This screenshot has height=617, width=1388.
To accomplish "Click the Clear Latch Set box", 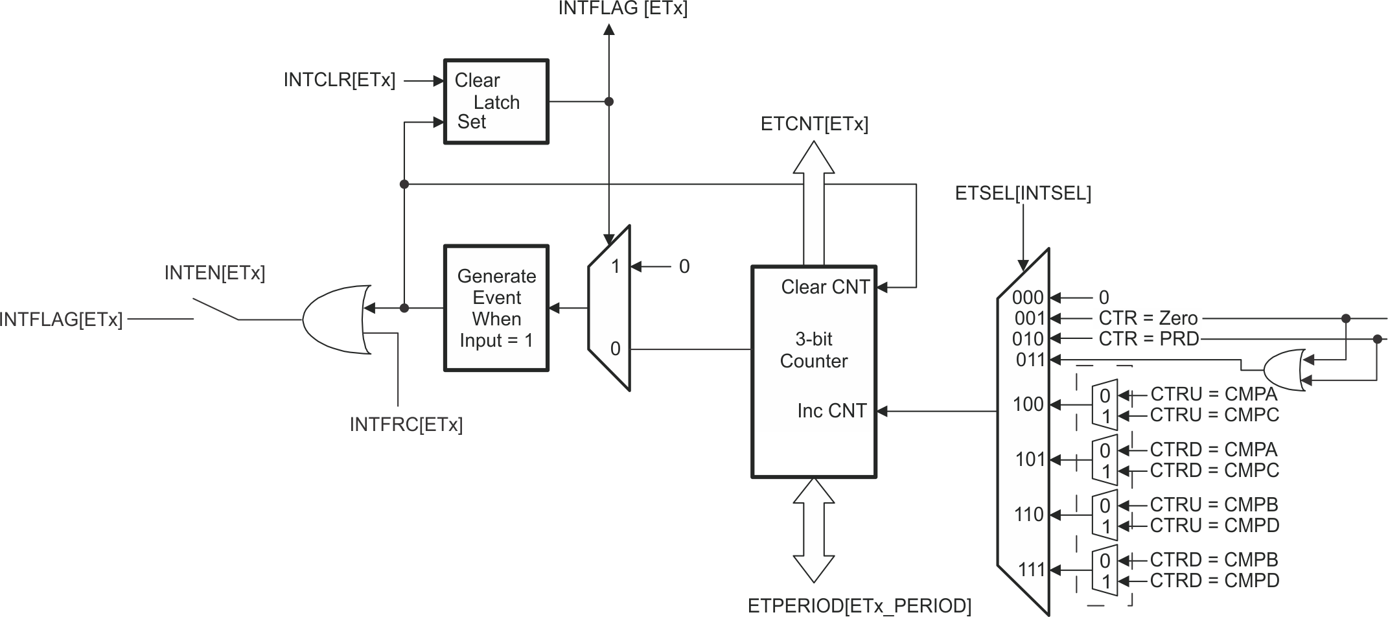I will tap(496, 102).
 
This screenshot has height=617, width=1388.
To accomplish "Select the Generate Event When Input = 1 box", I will tap(496, 308).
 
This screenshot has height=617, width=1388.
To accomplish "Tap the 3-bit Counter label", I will tap(813, 350).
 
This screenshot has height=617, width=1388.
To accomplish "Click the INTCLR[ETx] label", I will tap(339, 80).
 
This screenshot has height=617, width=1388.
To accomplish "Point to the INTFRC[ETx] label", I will tap(406, 425).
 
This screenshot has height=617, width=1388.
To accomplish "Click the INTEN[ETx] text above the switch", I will tap(214, 273).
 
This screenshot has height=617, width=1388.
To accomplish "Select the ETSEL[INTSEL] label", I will tap(1023, 193).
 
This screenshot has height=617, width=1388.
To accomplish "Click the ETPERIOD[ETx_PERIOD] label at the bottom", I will tap(859, 605).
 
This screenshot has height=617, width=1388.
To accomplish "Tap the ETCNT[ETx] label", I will tap(814, 124).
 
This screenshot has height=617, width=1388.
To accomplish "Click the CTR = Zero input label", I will tap(1148, 318).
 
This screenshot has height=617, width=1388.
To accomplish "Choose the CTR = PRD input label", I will tap(1148, 338).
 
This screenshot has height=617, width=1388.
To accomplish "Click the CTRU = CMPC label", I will tap(1214, 415).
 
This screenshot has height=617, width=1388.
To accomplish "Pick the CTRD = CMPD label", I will tap(1214, 580).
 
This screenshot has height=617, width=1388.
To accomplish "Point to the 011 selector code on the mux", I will tap(1030, 359).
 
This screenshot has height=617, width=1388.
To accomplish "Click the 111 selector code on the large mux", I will tap(1032, 570).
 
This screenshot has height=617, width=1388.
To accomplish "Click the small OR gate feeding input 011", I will tap(1283, 370).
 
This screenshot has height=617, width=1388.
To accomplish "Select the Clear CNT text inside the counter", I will tap(825, 287).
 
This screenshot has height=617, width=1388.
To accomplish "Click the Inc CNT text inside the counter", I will tap(831, 411).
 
